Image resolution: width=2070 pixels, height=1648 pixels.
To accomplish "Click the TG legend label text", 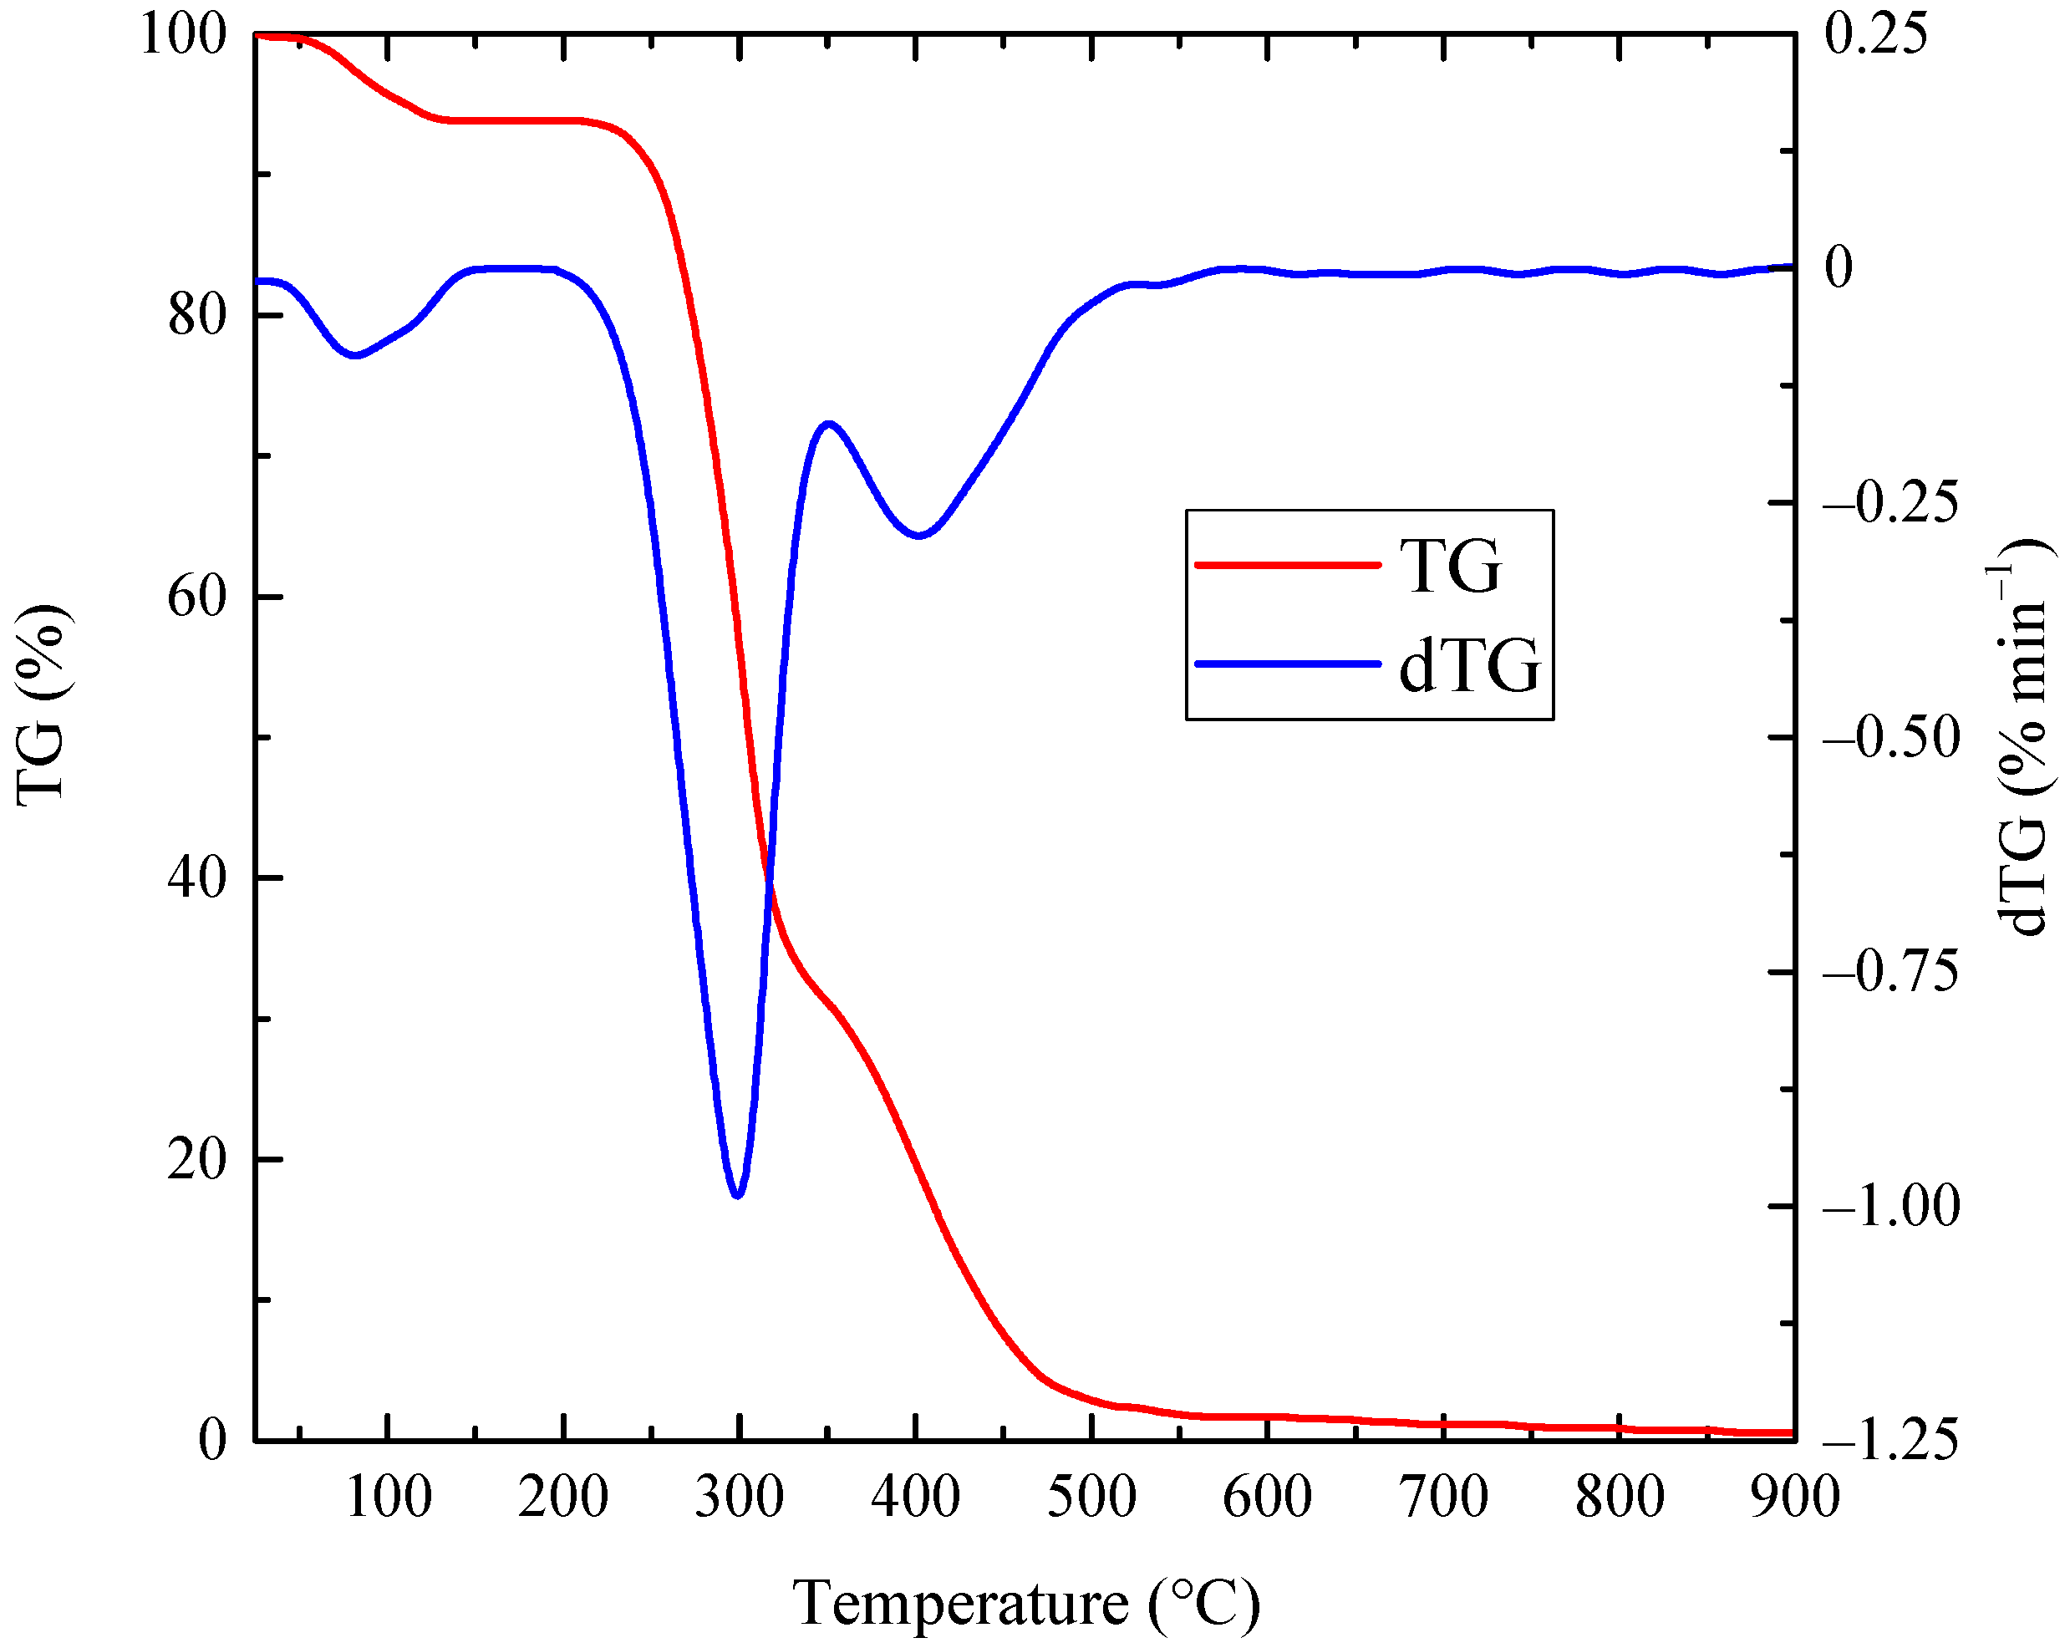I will [x=1450, y=566].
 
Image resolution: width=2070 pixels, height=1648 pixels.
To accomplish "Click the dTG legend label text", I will [x=1469, y=665].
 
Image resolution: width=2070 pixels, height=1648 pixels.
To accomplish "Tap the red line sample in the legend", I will [x=1287, y=566].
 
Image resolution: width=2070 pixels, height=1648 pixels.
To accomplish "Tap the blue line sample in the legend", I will [x=1287, y=664].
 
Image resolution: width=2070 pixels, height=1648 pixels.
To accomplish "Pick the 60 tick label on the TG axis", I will [x=197, y=598].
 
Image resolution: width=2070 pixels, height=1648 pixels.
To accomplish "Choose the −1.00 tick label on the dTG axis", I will [x=1890, y=1206].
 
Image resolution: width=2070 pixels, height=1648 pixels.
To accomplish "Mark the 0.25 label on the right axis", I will [x=1875, y=33].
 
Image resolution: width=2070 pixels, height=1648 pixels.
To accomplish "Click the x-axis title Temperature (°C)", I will [x=1025, y=1604].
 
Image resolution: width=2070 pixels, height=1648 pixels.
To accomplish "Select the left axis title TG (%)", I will [x=40, y=706].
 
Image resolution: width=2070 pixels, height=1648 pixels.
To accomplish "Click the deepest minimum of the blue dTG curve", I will [x=737, y=1196].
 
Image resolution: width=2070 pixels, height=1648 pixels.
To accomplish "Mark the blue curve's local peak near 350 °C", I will [x=827, y=424].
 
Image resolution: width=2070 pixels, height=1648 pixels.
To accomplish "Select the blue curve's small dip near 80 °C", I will [x=356, y=355].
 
